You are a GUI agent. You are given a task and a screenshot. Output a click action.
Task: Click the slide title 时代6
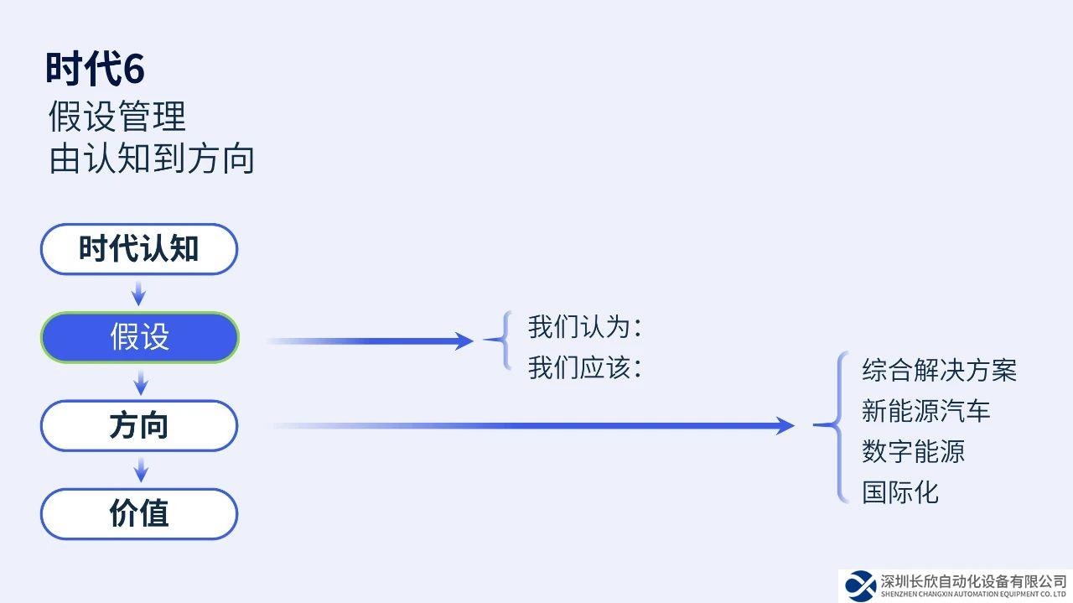[95, 69]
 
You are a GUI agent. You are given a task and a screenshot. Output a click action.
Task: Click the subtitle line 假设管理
[117, 117]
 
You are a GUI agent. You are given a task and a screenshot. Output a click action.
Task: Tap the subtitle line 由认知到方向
[152, 159]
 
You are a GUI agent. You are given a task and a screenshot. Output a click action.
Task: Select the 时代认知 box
[139, 249]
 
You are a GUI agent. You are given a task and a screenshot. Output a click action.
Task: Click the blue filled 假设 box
[140, 337]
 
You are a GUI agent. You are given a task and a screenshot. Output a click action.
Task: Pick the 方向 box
[139, 425]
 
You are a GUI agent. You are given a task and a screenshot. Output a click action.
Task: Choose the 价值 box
[139, 513]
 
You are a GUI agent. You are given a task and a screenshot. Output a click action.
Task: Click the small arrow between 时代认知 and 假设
[139, 294]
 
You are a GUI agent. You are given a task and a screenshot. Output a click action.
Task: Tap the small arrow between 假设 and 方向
[141, 382]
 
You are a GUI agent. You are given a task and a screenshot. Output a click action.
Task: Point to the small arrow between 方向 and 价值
[141, 470]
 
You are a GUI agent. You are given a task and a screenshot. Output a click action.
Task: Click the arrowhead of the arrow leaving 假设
[464, 340]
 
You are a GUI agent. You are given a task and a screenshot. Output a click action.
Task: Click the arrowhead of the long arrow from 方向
[785, 426]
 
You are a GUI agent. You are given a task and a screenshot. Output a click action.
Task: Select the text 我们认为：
[585, 326]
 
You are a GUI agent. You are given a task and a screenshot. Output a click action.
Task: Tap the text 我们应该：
[585, 367]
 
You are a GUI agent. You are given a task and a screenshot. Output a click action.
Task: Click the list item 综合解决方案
[939, 370]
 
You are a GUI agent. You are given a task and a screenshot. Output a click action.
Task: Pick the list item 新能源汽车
[925, 411]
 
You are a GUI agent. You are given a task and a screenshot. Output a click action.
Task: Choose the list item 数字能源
[913, 451]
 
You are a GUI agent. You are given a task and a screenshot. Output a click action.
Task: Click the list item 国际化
[900, 491]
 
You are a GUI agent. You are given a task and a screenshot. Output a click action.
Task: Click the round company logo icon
[860, 585]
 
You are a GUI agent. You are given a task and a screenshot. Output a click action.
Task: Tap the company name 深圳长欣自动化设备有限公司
[973, 581]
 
